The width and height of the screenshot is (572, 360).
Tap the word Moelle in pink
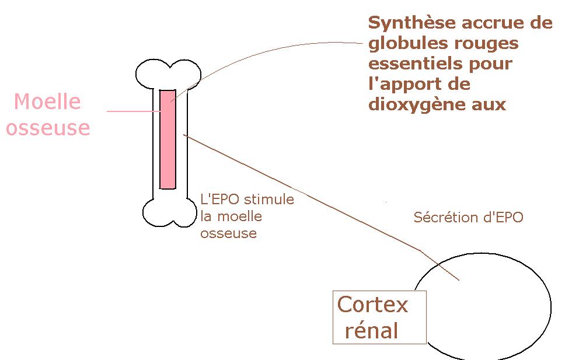[x=47, y=102]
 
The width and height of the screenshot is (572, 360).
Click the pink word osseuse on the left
[x=48, y=128]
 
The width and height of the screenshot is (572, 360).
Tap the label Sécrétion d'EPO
[x=468, y=218]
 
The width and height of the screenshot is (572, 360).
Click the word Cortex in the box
[x=373, y=305]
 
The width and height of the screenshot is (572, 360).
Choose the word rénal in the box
[x=372, y=331]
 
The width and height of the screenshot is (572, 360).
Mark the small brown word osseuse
[x=228, y=233]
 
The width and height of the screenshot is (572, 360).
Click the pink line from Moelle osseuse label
[x=131, y=111]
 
